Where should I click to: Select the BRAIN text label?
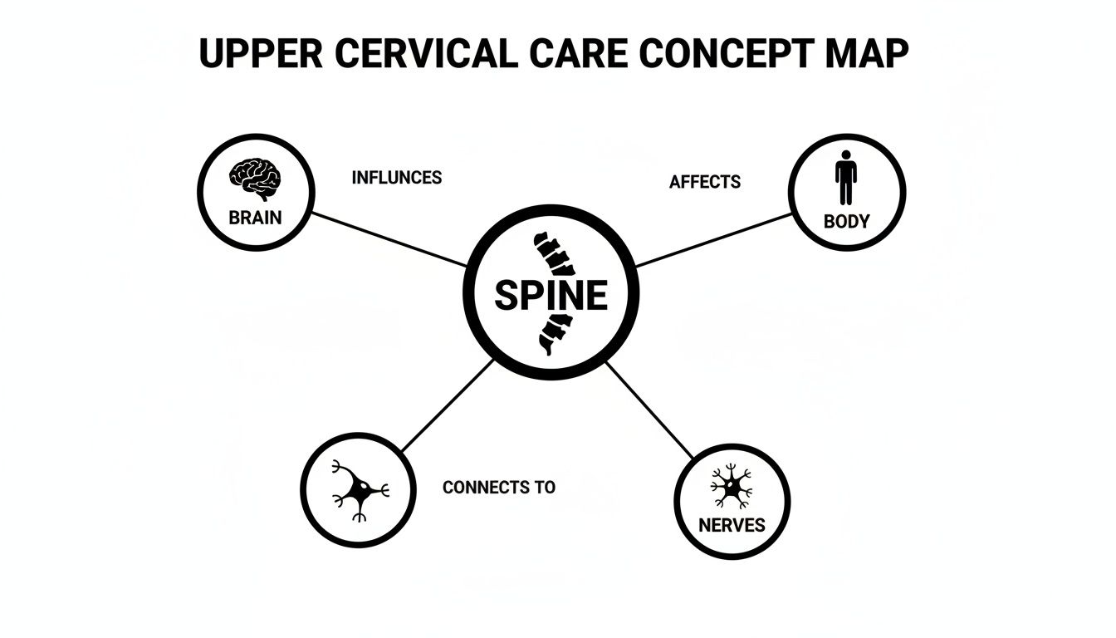[x=255, y=218]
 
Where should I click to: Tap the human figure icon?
[x=845, y=178]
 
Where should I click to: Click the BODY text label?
[x=846, y=222]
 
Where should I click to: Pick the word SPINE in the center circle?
[x=551, y=296]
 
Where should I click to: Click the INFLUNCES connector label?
[x=396, y=178]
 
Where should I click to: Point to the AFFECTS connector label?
[x=704, y=181]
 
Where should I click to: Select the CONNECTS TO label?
[x=498, y=488]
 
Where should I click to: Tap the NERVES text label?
[x=732, y=525]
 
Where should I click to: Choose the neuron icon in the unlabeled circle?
[x=359, y=490]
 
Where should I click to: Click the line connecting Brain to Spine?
[x=389, y=239]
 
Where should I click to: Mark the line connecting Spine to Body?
[x=714, y=240]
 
